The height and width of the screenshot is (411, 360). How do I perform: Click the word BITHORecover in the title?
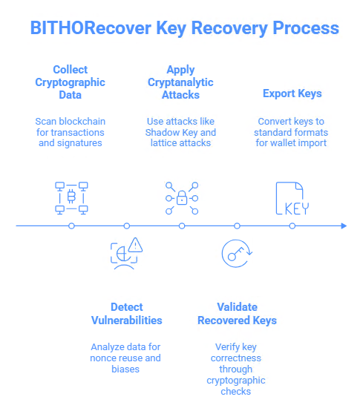[x=96, y=29]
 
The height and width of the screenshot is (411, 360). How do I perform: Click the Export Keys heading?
[x=292, y=93]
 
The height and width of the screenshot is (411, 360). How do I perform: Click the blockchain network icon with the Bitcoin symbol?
[x=71, y=197]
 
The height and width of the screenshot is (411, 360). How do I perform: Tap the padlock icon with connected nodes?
[x=182, y=198]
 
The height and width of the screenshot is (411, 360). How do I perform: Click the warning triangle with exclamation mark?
[x=134, y=246]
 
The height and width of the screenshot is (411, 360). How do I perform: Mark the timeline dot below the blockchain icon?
[x=71, y=225]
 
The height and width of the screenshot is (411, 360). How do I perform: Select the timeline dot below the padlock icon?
[x=182, y=225]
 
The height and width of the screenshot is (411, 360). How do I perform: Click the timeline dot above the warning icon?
[x=126, y=225]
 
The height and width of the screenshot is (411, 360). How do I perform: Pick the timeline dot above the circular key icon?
[x=237, y=225]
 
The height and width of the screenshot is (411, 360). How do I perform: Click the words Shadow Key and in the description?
[x=180, y=133]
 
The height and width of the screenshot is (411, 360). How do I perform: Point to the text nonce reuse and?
[x=125, y=358]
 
